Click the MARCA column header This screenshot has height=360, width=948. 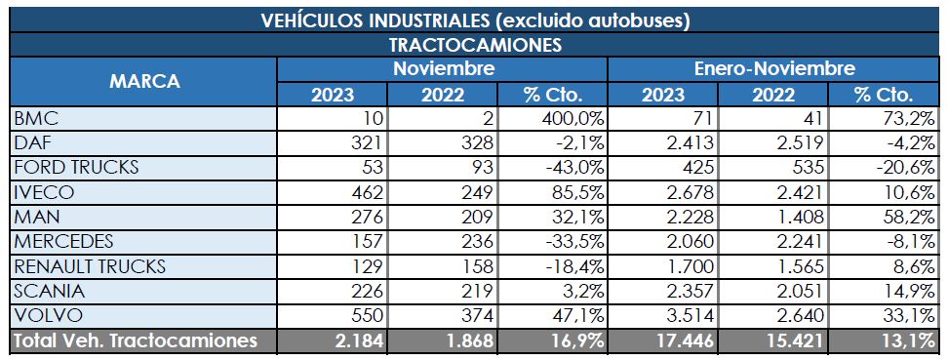[143, 82]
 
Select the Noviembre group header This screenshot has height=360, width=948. [443, 69]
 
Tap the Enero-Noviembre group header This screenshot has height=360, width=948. [774, 69]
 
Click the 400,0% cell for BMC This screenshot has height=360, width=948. [571, 118]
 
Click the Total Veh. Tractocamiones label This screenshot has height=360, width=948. [134, 340]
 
